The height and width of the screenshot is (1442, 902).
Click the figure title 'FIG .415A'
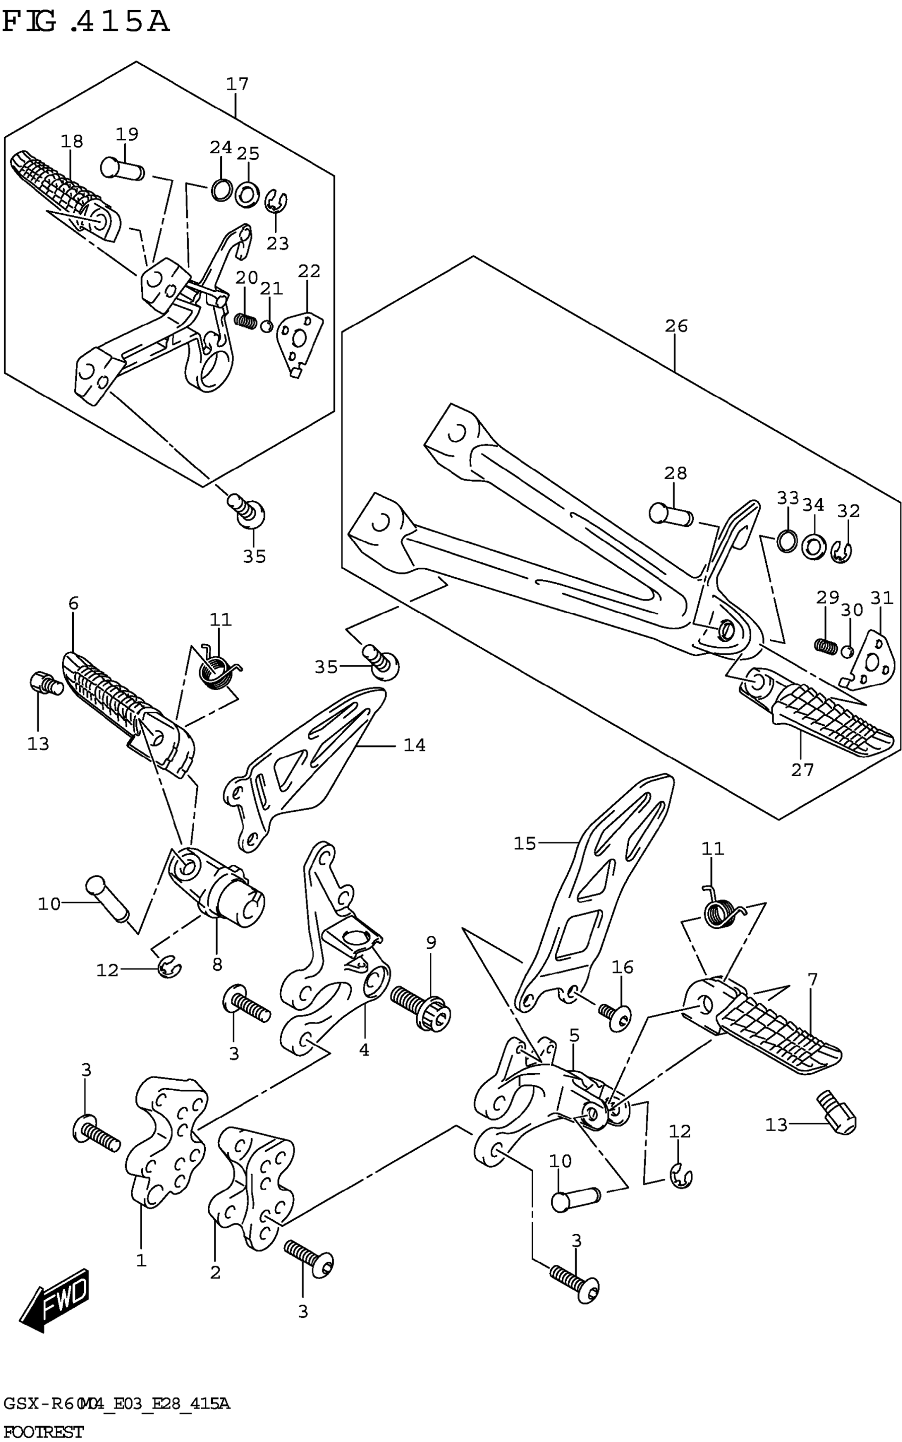(x=86, y=22)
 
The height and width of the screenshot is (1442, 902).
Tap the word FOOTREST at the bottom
(x=44, y=1431)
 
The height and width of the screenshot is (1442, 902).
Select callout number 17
(x=237, y=84)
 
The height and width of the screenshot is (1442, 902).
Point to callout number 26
(x=677, y=326)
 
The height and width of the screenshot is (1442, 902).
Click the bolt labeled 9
(x=421, y=1008)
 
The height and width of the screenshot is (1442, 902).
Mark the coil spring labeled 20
(x=245, y=320)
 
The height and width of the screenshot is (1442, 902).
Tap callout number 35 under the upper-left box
(x=254, y=557)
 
